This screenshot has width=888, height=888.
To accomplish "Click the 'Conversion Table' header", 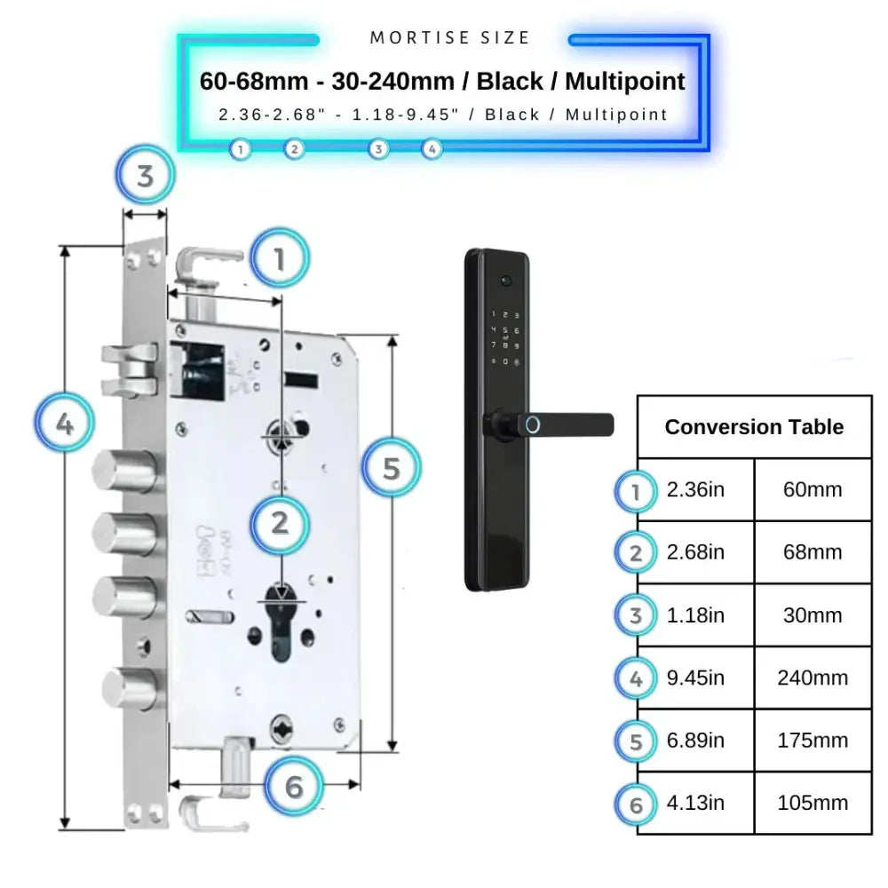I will (x=754, y=427).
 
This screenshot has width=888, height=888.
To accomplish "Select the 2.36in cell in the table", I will (x=695, y=490).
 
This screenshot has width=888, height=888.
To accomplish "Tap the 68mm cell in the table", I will (x=812, y=552).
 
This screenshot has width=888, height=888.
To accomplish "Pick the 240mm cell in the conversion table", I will (x=812, y=678).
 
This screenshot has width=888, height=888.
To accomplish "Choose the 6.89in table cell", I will (x=695, y=741).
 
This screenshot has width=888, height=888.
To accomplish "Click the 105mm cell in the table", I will (x=812, y=803).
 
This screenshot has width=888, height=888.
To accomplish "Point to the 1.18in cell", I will (x=695, y=615).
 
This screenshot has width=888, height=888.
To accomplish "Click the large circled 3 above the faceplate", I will (x=145, y=176).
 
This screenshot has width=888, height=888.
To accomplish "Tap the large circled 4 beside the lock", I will (x=65, y=424).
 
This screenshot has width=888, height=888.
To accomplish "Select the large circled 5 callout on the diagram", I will (x=392, y=467).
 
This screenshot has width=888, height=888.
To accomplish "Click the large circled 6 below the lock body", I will (x=295, y=786).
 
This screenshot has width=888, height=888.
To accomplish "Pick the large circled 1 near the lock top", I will (x=280, y=260).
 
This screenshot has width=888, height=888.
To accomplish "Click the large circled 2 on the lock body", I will (x=280, y=523).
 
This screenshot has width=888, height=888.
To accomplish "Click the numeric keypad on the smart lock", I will (x=504, y=337).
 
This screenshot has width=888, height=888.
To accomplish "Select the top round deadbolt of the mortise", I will (x=128, y=470).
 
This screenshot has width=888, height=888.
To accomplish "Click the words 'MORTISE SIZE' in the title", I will (x=449, y=38).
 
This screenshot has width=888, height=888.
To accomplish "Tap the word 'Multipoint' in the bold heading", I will (x=625, y=82).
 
